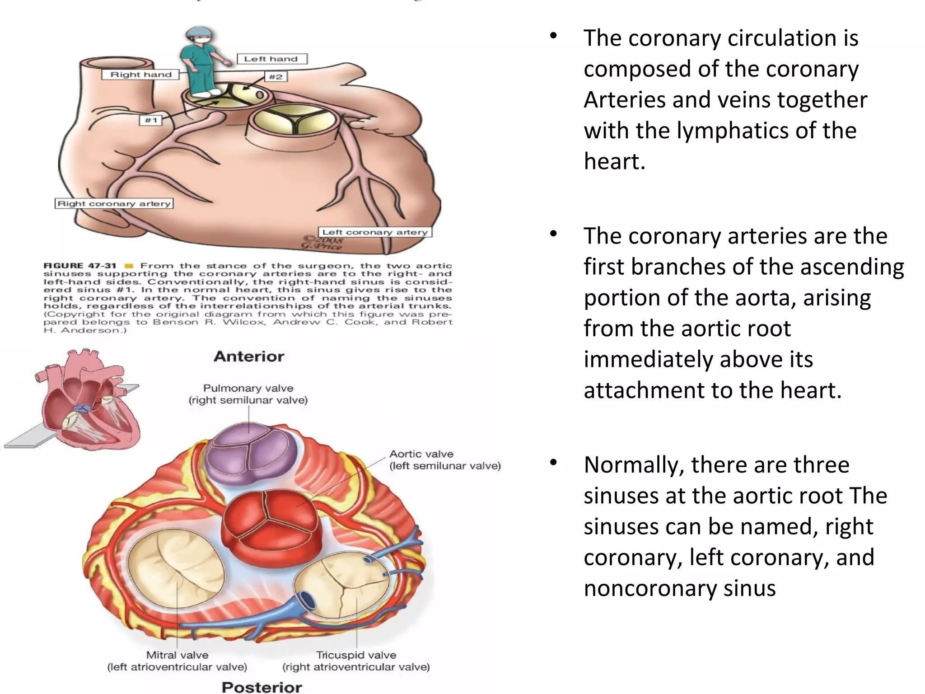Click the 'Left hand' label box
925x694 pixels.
[272, 59]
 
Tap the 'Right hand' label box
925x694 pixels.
[141, 75]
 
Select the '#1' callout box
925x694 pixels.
[151, 120]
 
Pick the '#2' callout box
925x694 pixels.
[276, 77]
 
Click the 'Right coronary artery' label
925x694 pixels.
[114, 204]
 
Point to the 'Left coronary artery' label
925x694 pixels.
[374, 232]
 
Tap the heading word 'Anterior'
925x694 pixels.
[249, 356]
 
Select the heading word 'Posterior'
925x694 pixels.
[262, 687]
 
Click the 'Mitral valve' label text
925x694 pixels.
[177, 655]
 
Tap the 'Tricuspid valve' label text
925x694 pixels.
[356, 655]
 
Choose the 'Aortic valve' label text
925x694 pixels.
[421, 454]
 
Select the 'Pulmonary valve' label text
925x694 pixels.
[248, 388]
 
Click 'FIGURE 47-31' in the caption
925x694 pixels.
[80, 266]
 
